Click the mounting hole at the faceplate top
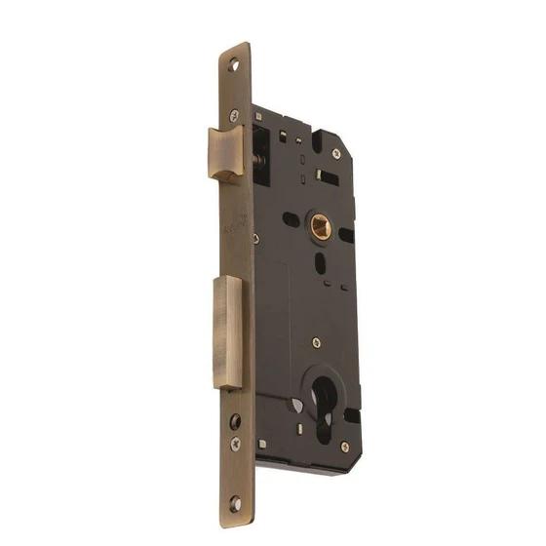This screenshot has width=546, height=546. click(234, 67)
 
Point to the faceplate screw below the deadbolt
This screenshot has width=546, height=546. click(235, 444)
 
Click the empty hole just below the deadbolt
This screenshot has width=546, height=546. click(234, 421)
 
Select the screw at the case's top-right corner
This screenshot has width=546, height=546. click(335, 154)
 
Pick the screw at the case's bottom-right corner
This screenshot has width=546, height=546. click(344, 448)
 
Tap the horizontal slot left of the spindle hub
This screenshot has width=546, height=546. click(292, 219)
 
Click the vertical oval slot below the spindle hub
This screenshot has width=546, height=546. click(320, 263)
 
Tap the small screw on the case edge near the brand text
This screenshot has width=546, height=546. click(254, 237)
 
